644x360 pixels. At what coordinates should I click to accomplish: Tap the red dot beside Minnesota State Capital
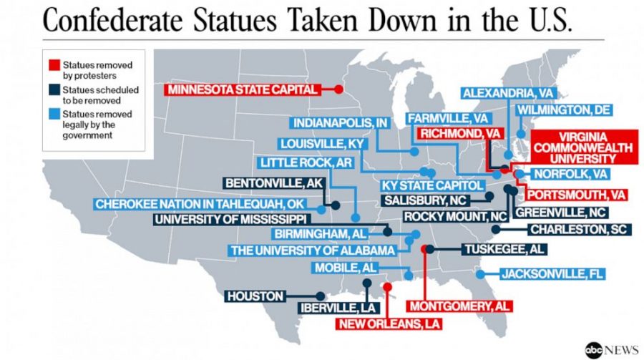point(338,90)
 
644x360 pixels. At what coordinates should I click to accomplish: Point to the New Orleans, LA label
point(389,323)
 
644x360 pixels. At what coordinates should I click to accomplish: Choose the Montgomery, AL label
point(459,306)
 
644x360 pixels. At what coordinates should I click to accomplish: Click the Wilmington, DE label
point(564,110)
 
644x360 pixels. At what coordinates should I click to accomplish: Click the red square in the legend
point(54,65)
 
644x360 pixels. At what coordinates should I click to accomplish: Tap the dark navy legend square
point(54,89)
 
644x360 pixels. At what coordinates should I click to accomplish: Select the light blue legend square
point(54,114)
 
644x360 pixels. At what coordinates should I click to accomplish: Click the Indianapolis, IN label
point(340,123)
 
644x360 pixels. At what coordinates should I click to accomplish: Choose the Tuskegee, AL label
point(503,249)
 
